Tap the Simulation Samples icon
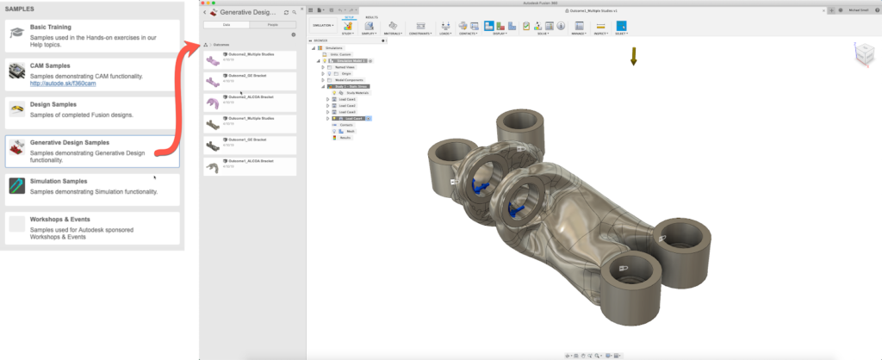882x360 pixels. (x=17, y=186)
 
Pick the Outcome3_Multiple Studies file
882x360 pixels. (x=249, y=54)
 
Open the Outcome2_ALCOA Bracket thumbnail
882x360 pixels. (x=213, y=101)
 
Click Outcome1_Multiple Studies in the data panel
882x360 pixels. (x=249, y=118)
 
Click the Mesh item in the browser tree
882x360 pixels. (x=351, y=131)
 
